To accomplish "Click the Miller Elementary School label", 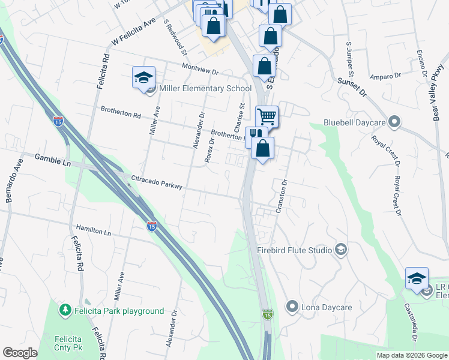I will point(205,89).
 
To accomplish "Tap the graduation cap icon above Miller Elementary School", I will point(144,78).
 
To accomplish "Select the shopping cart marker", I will point(267,116).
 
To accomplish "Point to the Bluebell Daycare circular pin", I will point(394,122).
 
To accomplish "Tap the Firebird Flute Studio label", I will point(295,249).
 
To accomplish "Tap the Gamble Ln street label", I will point(53,158).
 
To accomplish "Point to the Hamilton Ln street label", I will point(94,230).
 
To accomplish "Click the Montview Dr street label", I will point(199,68).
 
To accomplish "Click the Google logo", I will point(20,353).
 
